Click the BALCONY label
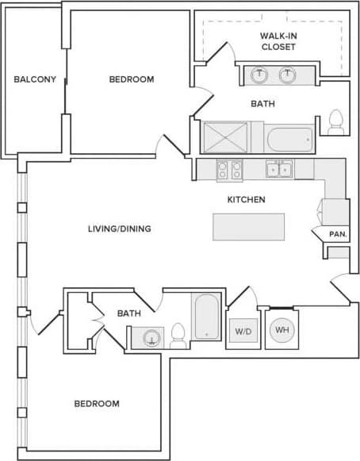(35, 79)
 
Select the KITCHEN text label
(246, 200)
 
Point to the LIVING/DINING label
(119, 229)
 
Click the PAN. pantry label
(338, 234)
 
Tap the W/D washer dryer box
(242, 330)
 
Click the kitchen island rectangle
(249, 226)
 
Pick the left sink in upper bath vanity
(259, 76)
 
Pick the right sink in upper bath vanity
(287, 76)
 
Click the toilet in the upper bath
(335, 121)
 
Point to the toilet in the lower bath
(178, 336)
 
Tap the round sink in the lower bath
(148, 339)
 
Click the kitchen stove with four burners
(229, 169)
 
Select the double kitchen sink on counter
(279, 169)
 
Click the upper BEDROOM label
(131, 79)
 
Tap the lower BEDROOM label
(97, 404)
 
